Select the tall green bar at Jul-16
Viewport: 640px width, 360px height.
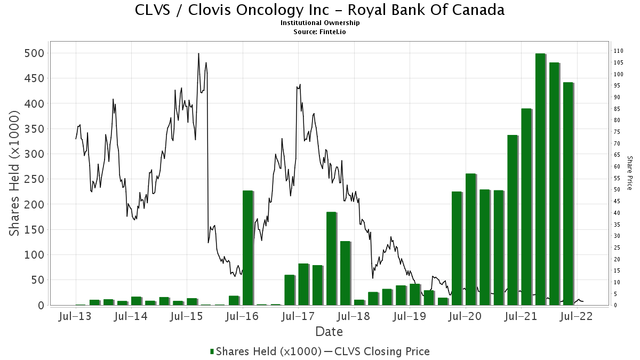tap(247, 247)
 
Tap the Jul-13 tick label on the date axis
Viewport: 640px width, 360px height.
tap(76, 316)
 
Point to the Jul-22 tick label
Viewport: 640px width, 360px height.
tap(577, 316)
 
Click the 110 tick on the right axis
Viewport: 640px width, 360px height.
tap(619, 51)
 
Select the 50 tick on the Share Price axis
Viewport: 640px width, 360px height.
tap(617, 190)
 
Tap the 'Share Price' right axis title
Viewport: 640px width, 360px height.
tap(629, 173)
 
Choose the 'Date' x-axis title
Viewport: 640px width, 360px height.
tap(329, 332)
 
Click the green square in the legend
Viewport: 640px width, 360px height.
tap(212, 351)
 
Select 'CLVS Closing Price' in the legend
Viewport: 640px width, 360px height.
tap(381, 351)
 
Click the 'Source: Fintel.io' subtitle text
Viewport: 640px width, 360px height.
tap(320, 31)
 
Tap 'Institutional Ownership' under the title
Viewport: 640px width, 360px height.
tap(320, 23)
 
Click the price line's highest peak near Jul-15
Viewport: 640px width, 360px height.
tap(198, 53)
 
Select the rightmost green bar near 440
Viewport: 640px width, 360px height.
tap(567, 194)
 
